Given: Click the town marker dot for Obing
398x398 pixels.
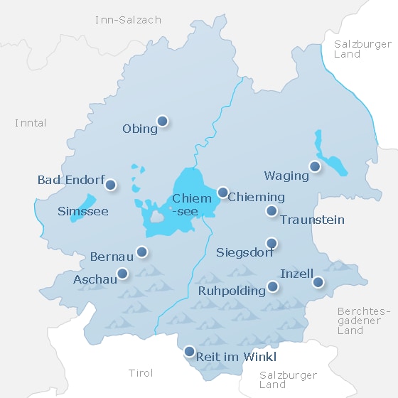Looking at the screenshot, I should [162, 121].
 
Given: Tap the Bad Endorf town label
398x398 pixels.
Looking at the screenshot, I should [71, 180].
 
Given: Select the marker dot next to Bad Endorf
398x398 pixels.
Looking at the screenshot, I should [110, 185].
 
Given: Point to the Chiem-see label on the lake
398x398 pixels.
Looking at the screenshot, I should [192, 205].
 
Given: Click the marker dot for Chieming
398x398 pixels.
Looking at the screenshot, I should [222, 192].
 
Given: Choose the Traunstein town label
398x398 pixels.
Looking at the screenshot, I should [312, 220].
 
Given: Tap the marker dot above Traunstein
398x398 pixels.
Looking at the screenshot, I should [271, 210].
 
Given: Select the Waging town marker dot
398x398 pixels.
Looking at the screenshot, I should [314, 166].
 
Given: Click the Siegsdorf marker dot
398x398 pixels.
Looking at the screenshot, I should [271, 242].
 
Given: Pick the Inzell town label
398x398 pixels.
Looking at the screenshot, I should [297, 274].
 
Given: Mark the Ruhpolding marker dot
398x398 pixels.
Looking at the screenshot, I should [272, 287].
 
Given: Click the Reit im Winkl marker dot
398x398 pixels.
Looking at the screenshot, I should [189, 350].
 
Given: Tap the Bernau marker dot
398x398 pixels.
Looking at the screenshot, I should [142, 251].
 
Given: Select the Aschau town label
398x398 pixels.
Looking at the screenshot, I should [95, 280].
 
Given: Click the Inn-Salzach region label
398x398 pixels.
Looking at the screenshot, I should [128, 20].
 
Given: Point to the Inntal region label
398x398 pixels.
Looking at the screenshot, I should [31, 123].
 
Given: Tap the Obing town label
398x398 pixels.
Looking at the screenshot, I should [140, 129].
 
